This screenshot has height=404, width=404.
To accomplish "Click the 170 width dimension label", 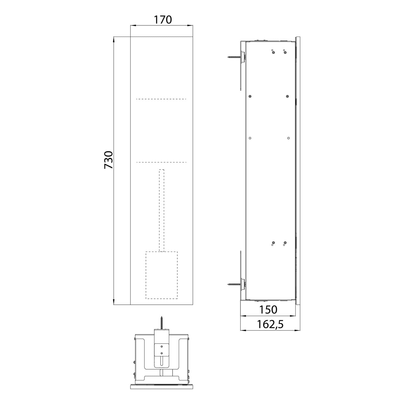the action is pos(163,20).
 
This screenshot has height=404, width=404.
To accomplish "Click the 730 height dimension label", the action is pos(109,160).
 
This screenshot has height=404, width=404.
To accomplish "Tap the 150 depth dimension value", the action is pos(268,310).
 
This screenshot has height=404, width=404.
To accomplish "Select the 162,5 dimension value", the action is pos(270,324).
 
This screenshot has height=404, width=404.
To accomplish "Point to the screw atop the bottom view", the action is pos(161,323).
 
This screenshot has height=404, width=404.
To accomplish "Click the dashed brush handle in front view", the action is pos(162,210).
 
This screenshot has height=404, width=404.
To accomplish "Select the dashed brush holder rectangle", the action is pos(162,275).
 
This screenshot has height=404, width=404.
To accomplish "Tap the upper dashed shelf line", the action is pos(161,99).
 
